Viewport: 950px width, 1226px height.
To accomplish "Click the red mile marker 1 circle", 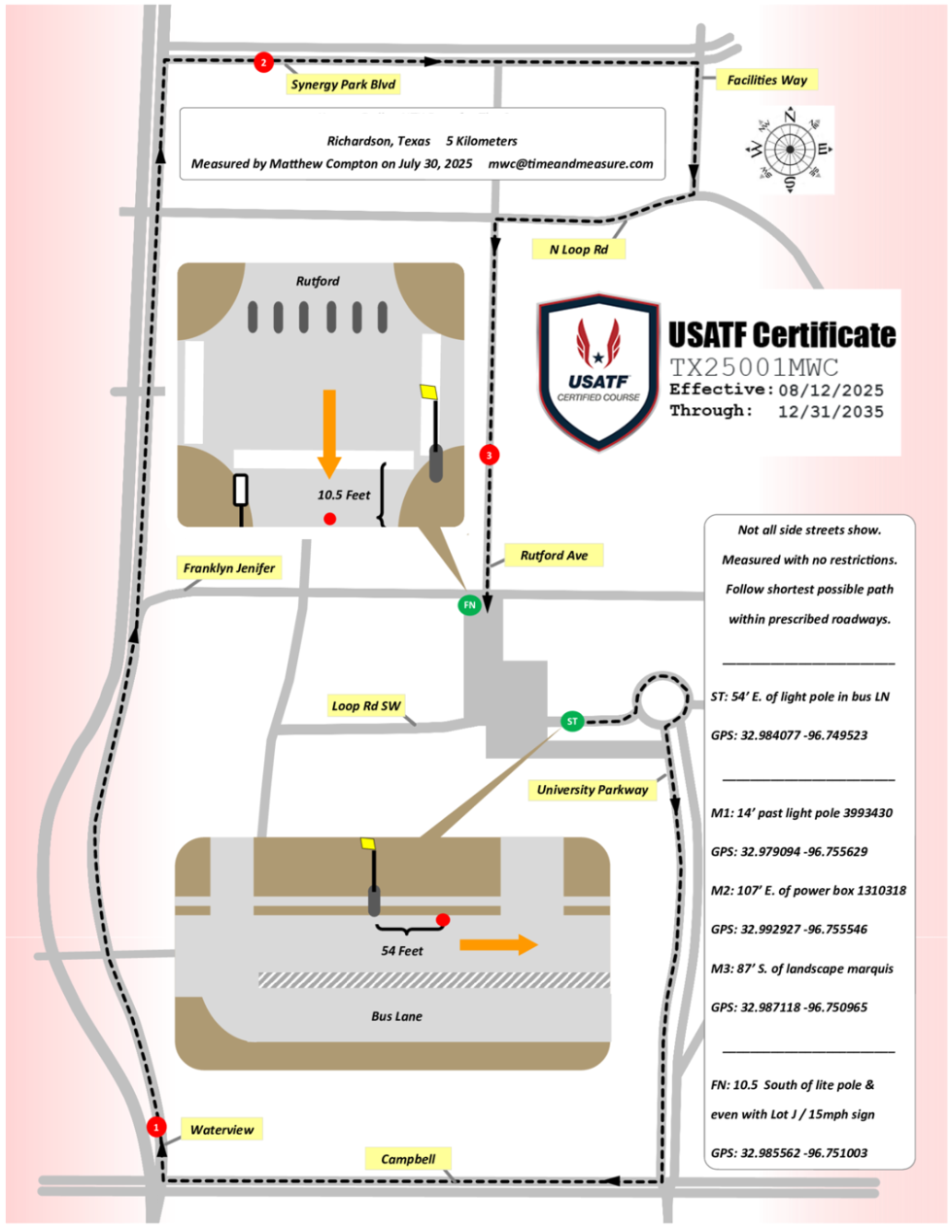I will point(155,1127).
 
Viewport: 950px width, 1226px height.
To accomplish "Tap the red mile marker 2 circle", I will point(262,62).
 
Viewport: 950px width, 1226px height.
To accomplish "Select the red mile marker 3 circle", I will point(489,455).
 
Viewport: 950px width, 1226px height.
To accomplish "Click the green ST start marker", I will point(572,721).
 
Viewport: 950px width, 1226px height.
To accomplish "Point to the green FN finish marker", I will point(469,604).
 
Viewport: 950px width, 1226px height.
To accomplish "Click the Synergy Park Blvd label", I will point(343,85).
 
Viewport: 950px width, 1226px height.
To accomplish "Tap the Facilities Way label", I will point(766,80).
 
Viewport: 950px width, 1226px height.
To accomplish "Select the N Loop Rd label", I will point(578,250).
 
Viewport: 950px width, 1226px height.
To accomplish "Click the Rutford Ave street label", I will point(554,556).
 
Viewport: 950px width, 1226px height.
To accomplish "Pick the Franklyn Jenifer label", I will point(229,568).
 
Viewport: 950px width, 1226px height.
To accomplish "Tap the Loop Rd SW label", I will point(365,706).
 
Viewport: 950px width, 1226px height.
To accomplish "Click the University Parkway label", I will point(593,790).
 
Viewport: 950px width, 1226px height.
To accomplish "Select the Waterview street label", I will point(221,1130).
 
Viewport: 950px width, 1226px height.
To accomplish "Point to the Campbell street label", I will point(408,1159).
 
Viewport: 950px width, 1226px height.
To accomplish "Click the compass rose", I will point(789,150).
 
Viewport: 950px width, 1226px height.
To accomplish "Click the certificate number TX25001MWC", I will point(754,367).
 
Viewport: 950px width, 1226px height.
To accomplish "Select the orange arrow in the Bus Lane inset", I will point(498,944).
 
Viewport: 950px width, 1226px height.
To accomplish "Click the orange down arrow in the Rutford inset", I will point(329,432).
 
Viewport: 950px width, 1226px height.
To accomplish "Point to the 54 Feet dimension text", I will point(402,951).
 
